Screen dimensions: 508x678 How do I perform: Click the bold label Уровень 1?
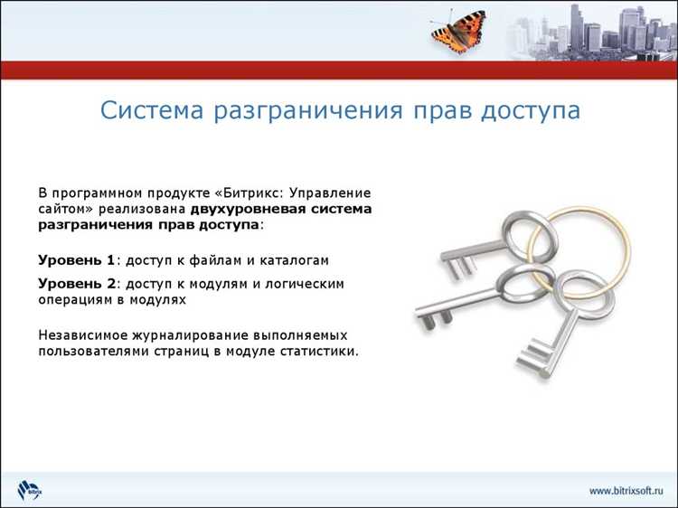click(x=77, y=260)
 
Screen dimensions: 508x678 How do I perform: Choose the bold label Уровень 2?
click(x=77, y=284)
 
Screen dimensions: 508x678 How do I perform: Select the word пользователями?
click(x=95, y=351)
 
